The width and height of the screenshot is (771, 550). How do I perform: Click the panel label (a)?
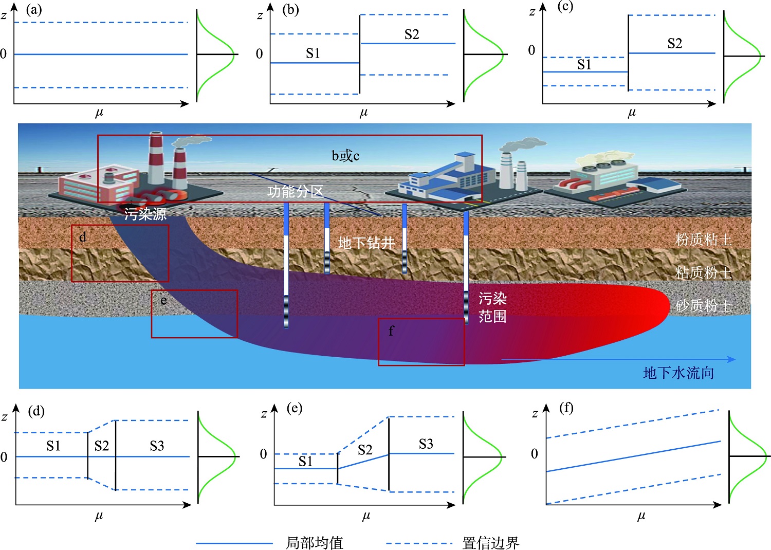tap(33, 10)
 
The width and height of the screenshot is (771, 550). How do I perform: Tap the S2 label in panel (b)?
tap(412, 34)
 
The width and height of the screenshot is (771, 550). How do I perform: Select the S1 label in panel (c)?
tap(584, 64)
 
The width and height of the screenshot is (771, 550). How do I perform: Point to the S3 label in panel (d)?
tap(157, 446)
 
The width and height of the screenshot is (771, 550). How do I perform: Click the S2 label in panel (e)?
tap(365, 450)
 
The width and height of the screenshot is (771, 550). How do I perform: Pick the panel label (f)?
tap(566, 408)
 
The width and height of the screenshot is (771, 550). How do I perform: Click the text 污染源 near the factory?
tap(145, 213)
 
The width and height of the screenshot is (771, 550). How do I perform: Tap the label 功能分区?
tap(295, 192)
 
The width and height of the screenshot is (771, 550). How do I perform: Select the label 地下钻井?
tap(366, 243)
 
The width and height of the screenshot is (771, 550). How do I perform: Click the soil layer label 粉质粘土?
tap(703, 240)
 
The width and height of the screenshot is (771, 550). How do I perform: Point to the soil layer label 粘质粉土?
tap(703, 272)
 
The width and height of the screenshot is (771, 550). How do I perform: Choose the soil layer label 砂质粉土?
tap(703, 306)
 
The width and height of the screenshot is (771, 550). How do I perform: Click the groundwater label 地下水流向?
tap(678, 373)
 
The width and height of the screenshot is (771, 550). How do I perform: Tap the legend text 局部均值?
tap(314, 542)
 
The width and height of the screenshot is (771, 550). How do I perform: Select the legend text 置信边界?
tap(490, 542)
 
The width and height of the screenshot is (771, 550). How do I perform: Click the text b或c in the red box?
tap(345, 156)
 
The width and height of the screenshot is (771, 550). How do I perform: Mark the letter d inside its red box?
tap(83, 237)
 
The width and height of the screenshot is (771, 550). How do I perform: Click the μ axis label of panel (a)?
tap(99, 113)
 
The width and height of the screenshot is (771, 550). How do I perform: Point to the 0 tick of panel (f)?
tap(534, 453)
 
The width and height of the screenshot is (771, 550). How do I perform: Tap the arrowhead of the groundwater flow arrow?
tap(731, 359)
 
